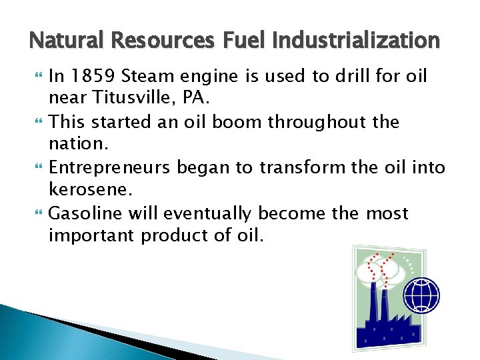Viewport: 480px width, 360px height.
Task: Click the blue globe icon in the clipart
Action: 422,295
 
